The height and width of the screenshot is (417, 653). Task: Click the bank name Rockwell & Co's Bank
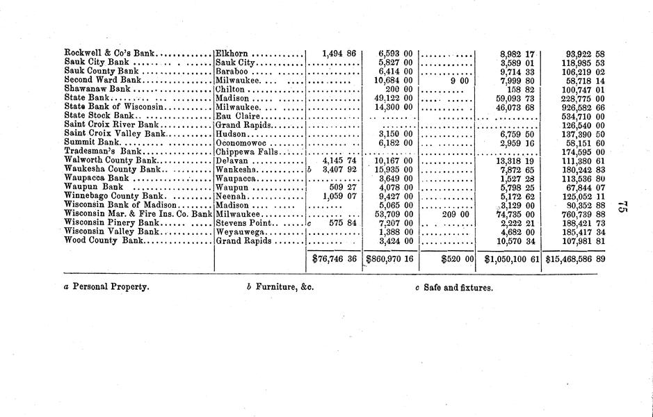(110, 53)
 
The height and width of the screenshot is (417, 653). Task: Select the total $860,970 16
(389, 259)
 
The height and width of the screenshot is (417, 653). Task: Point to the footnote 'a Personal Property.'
(106, 286)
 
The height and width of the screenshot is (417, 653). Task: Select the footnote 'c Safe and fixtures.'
(453, 286)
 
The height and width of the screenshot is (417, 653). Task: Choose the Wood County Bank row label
(103, 240)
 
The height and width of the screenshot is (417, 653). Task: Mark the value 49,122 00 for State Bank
(394, 98)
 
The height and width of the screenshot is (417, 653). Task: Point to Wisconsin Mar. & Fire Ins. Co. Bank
(138, 213)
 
